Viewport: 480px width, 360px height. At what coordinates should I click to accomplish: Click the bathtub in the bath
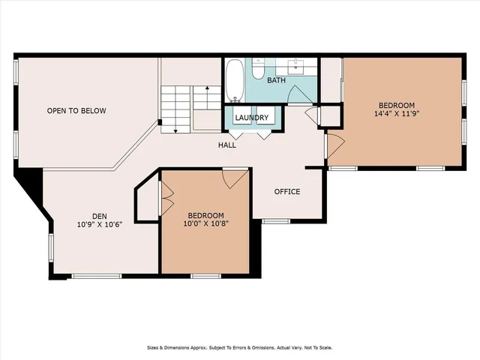[235, 80]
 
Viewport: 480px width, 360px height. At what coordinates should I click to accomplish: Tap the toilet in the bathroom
[256, 70]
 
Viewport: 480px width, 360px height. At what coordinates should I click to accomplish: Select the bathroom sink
[303, 67]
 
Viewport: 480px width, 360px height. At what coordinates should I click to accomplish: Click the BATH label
[275, 79]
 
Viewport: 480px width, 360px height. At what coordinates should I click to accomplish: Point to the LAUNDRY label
[251, 118]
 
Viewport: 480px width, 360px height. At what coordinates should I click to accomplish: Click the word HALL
[227, 145]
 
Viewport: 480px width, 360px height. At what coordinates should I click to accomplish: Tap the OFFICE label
[286, 191]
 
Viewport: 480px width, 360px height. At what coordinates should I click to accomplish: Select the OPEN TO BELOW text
[76, 111]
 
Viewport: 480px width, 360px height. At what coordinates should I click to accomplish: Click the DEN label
[100, 214]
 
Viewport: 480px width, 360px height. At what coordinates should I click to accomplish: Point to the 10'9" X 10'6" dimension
[100, 223]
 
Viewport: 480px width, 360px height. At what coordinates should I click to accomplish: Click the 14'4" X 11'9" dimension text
[396, 115]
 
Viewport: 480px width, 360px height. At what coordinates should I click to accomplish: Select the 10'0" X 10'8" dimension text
[207, 223]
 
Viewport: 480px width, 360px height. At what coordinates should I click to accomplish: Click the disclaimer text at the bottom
[239, 348]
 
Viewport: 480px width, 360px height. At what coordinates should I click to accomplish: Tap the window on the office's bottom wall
[276, 221]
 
